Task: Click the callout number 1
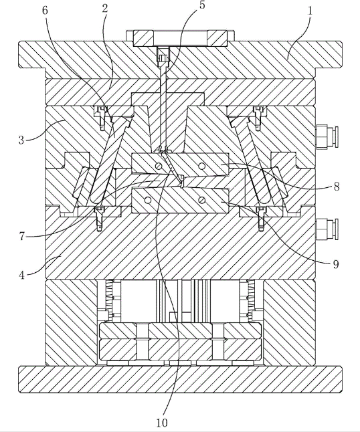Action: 310,11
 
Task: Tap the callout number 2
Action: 105,9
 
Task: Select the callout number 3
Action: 21,140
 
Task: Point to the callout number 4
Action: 21,275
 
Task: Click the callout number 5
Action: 202,5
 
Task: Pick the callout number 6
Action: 45,10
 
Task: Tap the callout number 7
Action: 22,236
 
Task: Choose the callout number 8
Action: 337,187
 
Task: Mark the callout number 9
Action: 336,264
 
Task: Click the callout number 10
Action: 162,423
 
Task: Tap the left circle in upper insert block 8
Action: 159,166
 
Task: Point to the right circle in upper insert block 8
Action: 202,166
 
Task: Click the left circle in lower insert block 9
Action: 148,200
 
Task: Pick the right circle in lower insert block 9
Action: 202,200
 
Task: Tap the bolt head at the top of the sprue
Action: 162,58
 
